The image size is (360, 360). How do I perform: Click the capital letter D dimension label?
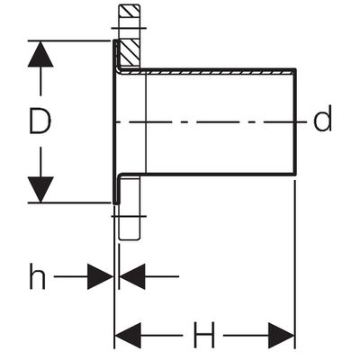pos(40,121)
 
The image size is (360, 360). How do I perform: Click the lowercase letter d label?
pos(322,118)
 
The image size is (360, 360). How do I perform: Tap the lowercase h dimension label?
pos(38,276)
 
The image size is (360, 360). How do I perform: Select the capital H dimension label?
pos(203,335)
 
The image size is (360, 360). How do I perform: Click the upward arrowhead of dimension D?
pos(40,54)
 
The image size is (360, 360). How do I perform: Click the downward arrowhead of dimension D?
pos(40,190)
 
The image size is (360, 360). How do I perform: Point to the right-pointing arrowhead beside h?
pos(100,276)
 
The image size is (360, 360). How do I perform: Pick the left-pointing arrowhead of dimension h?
pos(132,276)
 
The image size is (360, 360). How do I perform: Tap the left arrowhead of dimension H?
pos(128,336)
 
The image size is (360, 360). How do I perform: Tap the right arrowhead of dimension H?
pos(282,336)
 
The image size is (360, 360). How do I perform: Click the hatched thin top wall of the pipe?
pos(207,72)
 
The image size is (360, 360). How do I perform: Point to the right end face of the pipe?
pos(295,121)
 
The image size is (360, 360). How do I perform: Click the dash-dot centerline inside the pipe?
pos(211,122)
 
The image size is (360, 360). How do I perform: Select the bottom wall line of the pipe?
pos(207,174)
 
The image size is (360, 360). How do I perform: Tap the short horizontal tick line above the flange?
pos(129,29)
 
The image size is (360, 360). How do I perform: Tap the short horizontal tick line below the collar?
pos(129,216)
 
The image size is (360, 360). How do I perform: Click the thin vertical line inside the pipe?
pos(146,123)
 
